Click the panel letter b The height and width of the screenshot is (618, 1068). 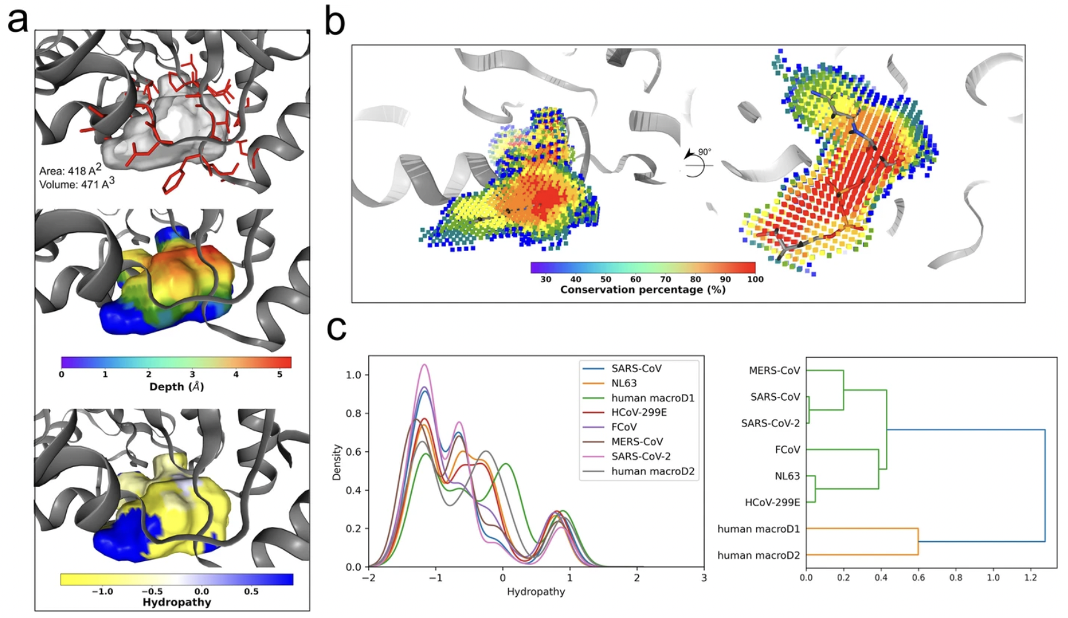point(335,23)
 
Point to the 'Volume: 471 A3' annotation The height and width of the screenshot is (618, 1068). point(77,184)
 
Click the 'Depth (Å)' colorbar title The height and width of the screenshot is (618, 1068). point(177,386)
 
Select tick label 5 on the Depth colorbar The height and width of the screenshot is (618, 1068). point(279,374)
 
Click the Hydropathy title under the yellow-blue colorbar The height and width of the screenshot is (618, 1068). point(177,602)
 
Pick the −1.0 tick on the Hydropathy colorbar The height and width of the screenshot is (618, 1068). point(102,591)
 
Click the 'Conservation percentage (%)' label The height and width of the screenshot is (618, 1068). point(643,290)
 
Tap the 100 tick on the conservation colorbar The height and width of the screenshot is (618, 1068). point(755,279)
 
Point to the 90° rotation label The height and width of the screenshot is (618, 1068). point(704,152)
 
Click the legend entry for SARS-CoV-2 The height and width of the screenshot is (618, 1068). point(641,456)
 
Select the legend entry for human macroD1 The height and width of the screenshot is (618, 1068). point(653,398)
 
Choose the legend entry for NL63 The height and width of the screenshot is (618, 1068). point(624,383)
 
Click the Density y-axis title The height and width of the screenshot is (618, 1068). point(337,462)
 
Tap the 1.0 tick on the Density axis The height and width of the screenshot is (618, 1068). point(353,375)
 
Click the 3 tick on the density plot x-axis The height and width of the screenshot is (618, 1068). point(704,578)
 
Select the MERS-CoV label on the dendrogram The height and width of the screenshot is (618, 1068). point(774,370)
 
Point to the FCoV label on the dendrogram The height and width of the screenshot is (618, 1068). point(787,449)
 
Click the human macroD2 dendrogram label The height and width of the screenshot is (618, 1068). point(759,555)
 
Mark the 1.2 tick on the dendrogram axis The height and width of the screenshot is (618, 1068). point(1031,578)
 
